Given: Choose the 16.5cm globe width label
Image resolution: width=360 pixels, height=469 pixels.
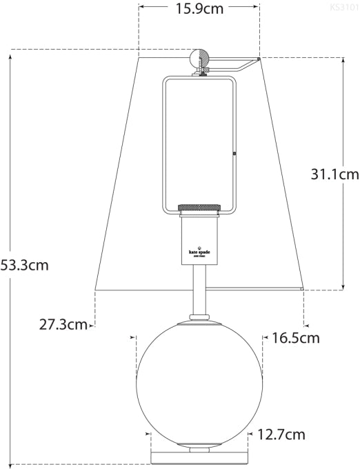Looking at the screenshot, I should pos(296,338).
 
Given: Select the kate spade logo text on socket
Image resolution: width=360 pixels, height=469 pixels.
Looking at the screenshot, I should pos(199,252).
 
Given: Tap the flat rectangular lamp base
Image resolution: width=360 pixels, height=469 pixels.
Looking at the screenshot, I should pos(199,457).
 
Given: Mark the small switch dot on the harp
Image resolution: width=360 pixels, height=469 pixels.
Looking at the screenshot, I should pos(235,153).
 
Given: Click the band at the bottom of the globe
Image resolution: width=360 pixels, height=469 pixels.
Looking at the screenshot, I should pos(199,442).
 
